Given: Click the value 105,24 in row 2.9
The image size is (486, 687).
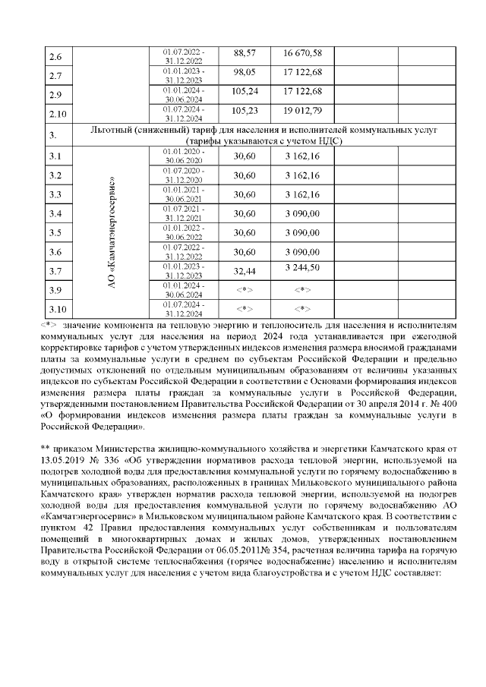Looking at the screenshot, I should tap(245, 91).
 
